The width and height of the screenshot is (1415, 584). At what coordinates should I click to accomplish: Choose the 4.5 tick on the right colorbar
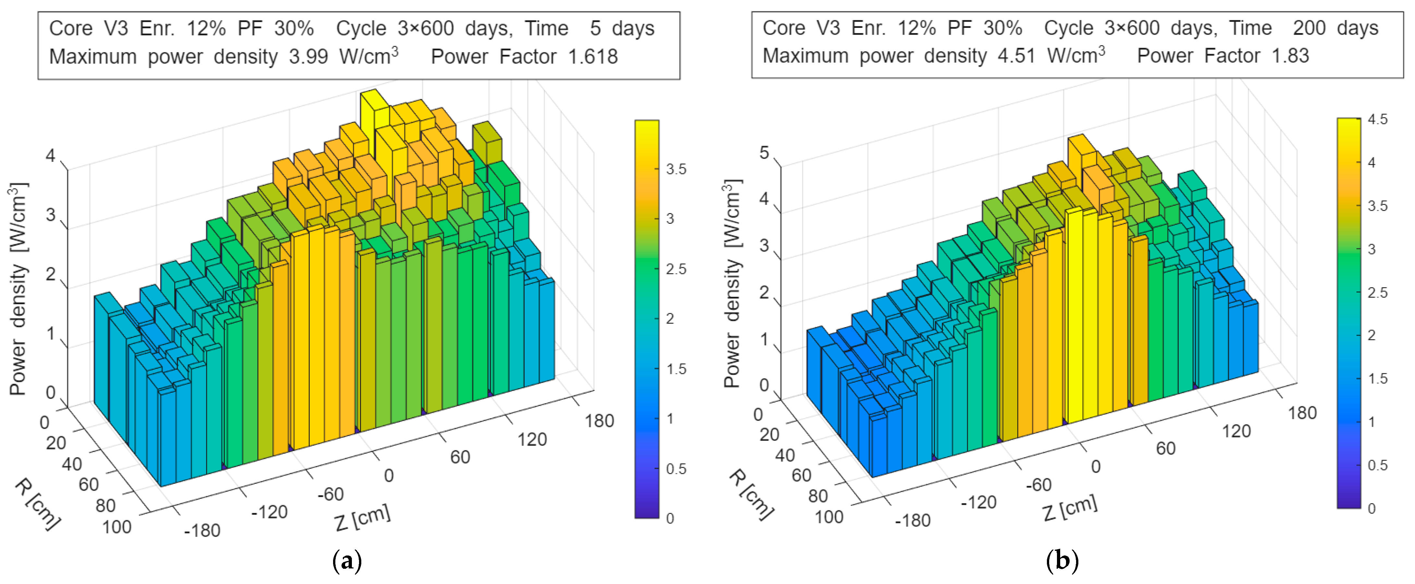point(1378,119)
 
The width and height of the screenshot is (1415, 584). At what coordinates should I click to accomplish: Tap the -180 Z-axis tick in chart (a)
point(202,531)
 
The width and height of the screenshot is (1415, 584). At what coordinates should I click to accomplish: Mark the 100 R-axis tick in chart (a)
point(116,527)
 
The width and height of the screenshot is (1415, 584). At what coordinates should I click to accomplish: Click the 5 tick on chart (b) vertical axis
point(764,153)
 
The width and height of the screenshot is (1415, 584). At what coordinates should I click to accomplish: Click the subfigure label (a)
point(347,562)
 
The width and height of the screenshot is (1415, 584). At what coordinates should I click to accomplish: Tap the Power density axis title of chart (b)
point(732,283)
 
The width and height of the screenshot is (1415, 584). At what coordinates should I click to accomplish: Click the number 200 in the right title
point(1309,28)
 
